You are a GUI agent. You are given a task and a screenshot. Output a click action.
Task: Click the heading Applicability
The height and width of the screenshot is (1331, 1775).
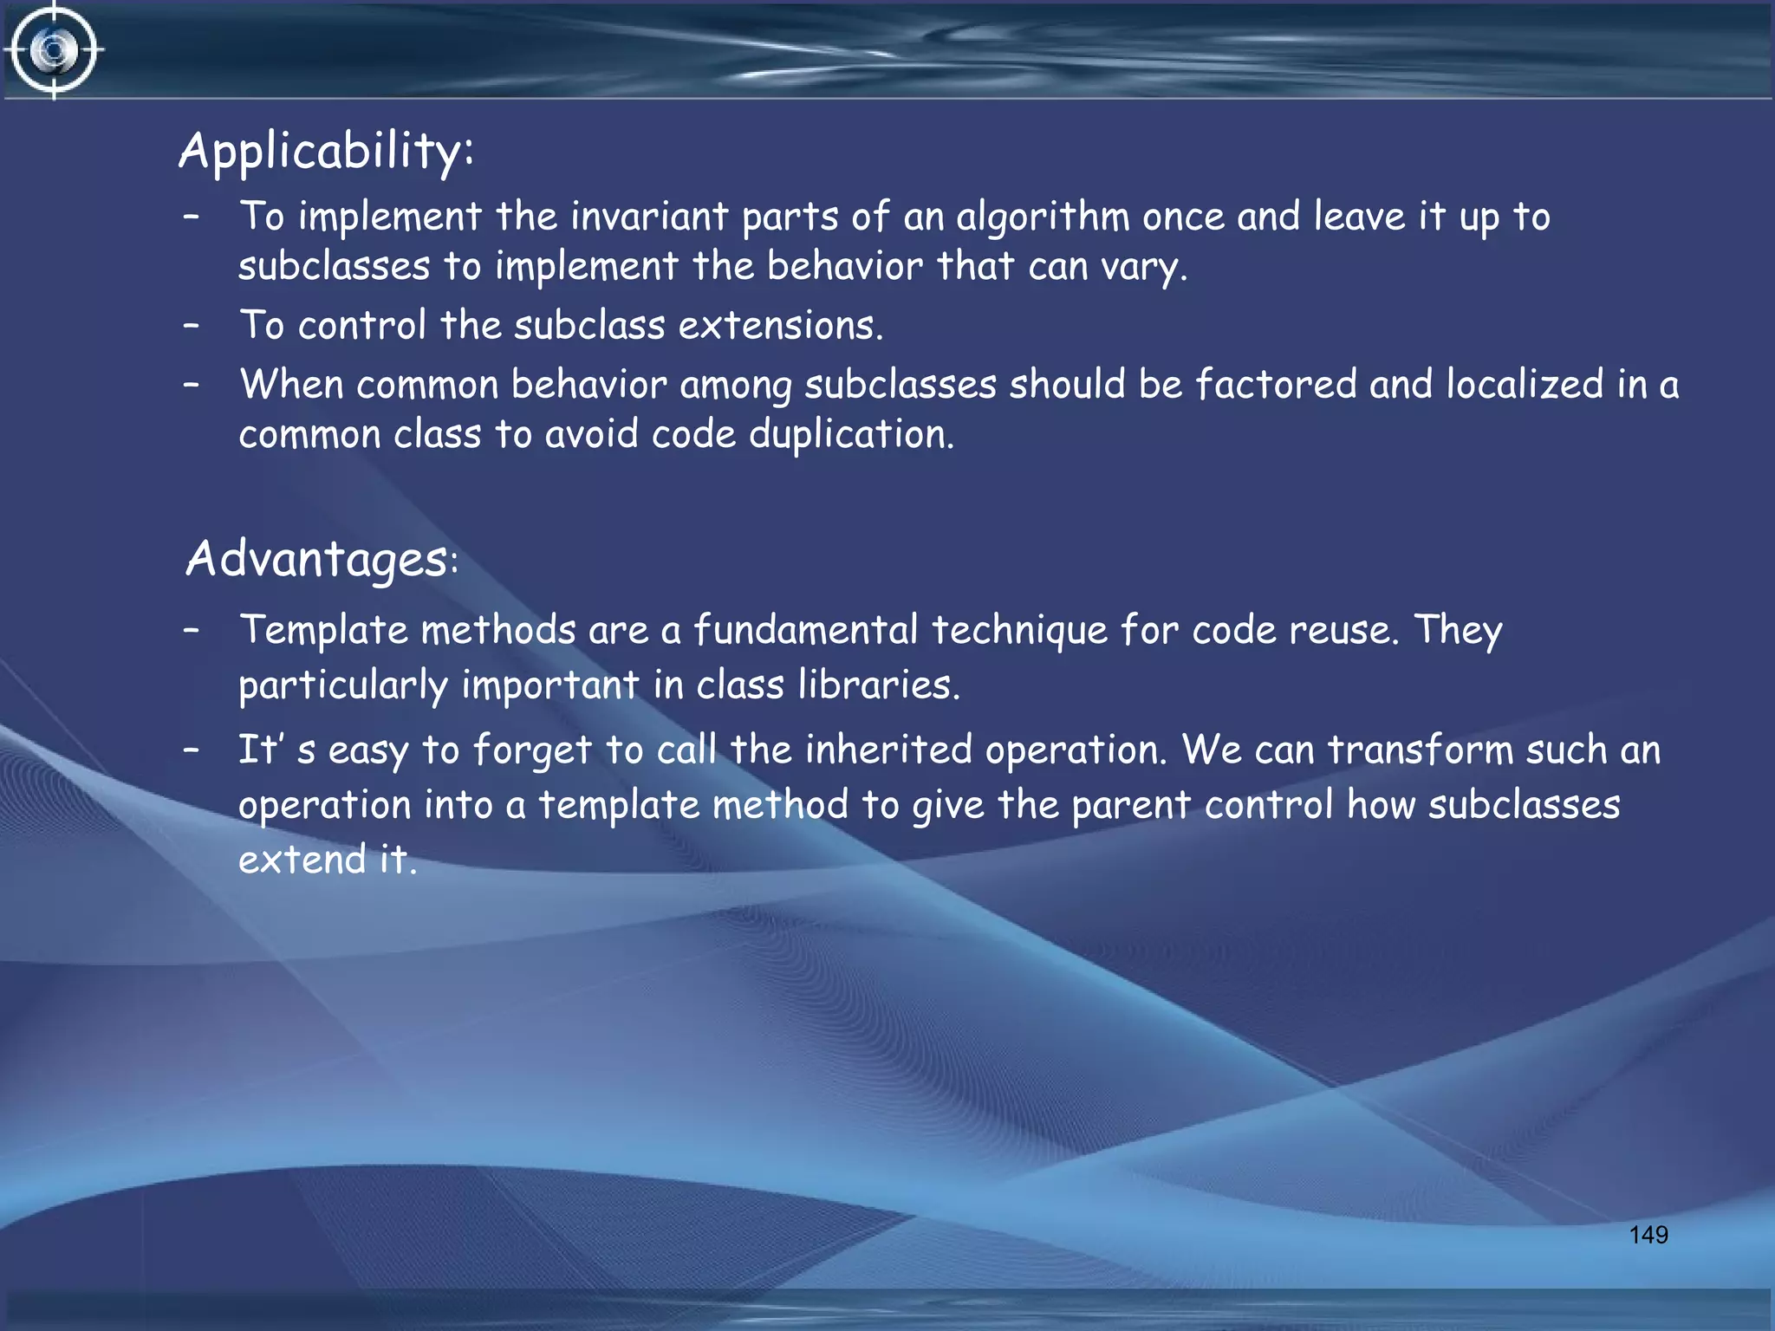click(326, 152)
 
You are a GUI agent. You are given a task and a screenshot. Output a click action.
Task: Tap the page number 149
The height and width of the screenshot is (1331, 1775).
click(1648, 1235)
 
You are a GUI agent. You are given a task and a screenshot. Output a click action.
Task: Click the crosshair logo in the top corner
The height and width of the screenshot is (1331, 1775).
click(54, 50)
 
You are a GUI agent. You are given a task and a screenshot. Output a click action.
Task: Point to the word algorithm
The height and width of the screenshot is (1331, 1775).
click(1043, 217)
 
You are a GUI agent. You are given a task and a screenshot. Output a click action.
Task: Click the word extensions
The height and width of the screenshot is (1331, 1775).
click(780, 326)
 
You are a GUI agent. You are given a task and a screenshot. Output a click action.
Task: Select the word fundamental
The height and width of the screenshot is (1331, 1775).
click(805, 629)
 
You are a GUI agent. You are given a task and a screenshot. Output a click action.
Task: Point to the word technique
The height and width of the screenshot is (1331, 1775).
click(1019, 631)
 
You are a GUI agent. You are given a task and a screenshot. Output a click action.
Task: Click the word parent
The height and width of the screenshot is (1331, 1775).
click(1131, 805)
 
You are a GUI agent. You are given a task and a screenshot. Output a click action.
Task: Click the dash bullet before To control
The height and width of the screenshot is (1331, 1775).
click(192, 326)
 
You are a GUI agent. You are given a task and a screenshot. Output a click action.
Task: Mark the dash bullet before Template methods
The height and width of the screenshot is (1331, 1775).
click(192, 629)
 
